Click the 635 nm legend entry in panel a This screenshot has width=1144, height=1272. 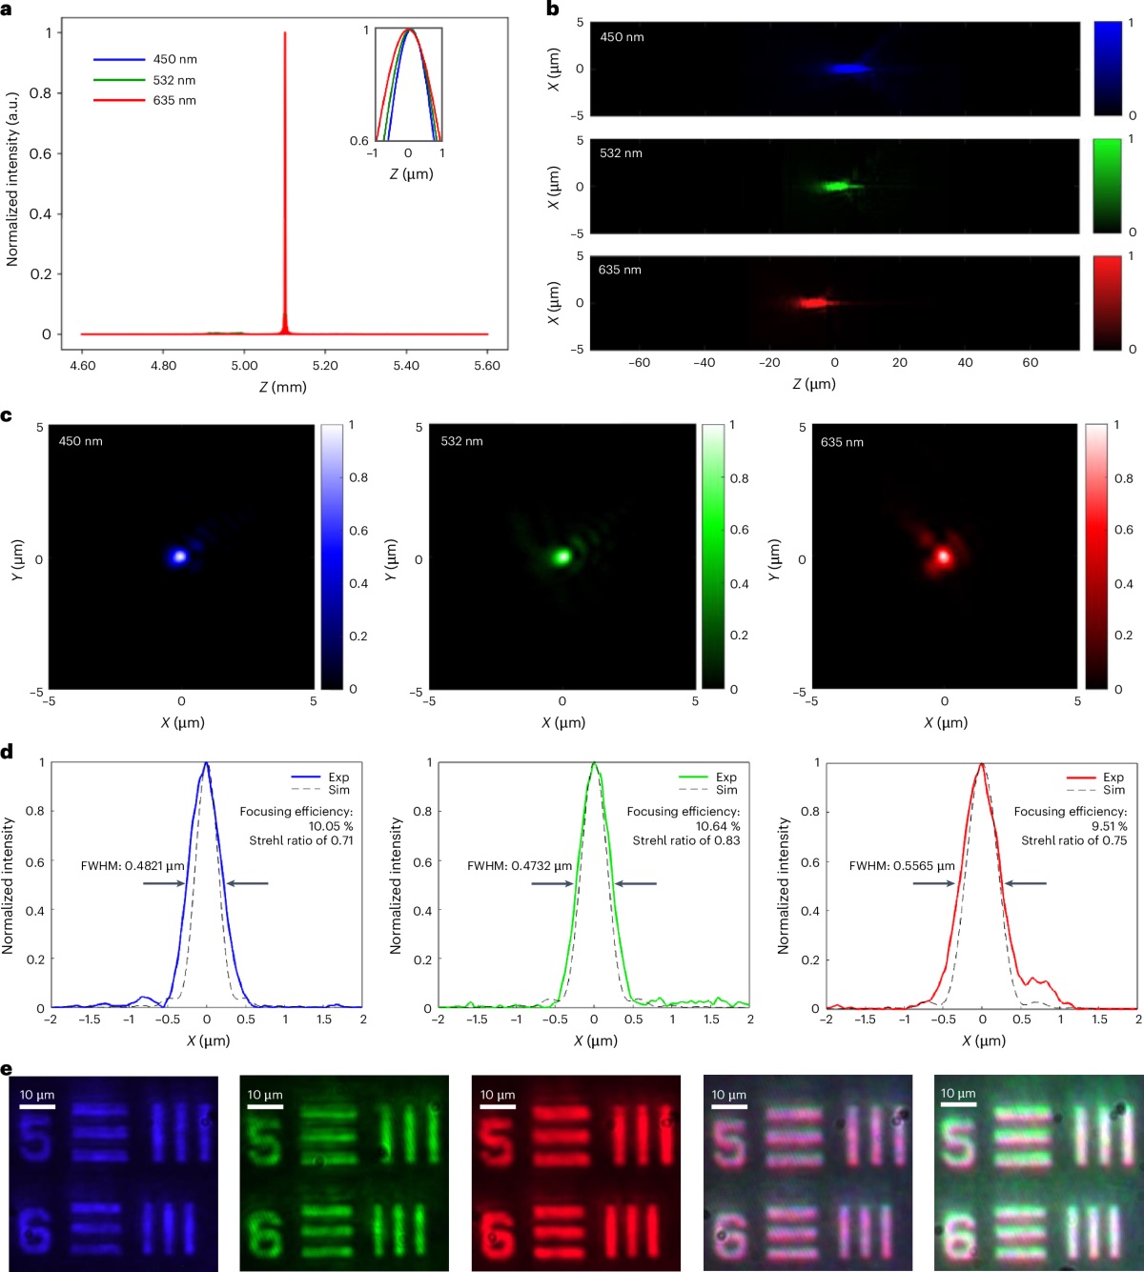pos(174,100)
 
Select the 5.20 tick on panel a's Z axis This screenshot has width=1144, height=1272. pos(325,365)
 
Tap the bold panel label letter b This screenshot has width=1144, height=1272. pos(553,9)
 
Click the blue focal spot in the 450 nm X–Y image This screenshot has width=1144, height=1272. pos(178,555)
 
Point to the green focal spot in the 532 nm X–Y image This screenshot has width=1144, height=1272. pos(562,555)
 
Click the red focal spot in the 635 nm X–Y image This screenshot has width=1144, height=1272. pos(944,555)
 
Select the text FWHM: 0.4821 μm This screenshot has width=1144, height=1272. pos(133,866)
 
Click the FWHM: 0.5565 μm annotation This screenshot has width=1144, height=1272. pos(902,866)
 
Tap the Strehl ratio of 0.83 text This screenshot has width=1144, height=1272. pos(686,840)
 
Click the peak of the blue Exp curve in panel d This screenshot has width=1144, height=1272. pos(206,764)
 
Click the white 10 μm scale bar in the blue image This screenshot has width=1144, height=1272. pos(37,1106)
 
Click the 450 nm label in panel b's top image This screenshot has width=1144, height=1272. pos(622,37)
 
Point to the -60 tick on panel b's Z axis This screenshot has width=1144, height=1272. pos(640,363)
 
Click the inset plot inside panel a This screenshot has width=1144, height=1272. pos(408,84)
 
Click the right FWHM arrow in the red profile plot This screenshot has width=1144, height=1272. pos(1026,883)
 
